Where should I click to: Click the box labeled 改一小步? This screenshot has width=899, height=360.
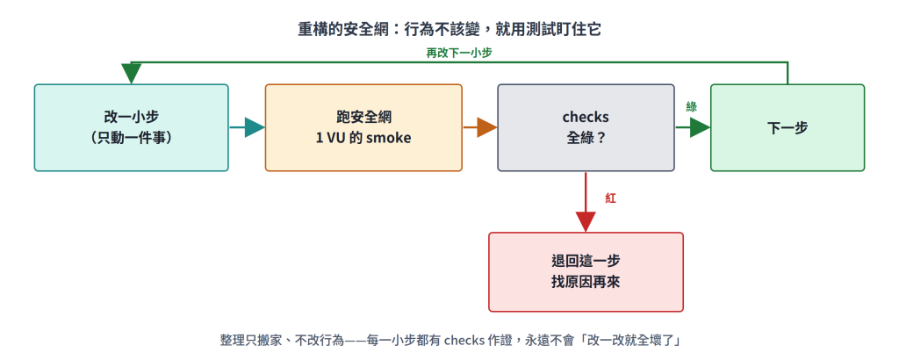132,127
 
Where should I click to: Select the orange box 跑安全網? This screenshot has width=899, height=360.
363,127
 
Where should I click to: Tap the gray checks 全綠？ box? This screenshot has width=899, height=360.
586,127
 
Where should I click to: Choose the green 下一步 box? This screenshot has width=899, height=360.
788,127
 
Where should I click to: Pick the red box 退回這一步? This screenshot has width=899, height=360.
586,271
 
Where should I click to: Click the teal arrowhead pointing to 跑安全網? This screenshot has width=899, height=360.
255,127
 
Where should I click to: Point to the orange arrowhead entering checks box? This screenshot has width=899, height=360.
487,127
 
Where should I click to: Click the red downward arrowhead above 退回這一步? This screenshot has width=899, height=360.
586,222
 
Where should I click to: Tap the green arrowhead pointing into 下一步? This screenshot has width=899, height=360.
700,127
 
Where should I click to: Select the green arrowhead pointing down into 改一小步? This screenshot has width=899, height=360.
132,74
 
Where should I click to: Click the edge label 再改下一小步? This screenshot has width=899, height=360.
458,53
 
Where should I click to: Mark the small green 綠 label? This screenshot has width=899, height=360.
692,106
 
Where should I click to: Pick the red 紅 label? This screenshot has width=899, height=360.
611,198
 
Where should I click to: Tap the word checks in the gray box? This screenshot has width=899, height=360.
586,117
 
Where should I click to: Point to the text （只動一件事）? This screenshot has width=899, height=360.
132,138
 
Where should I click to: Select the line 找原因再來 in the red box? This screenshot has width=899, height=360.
586,283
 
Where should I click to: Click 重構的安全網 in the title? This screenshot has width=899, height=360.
334,30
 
